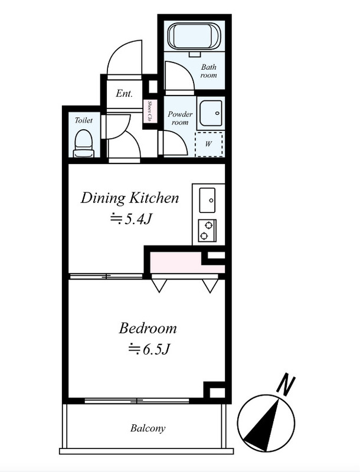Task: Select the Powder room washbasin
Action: click(x=211, y=113)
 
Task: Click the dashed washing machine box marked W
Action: click(x=209, y=144)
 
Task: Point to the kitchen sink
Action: click(x=207, y=200)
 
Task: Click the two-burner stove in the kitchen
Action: click(x=207, y=231)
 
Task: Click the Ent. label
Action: click(x=124, y=93)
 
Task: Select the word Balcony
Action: click(x=148, y=428)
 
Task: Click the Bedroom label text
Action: click(x=148, y=328)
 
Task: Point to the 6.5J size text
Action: click(x=149, y=349)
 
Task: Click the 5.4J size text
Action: click(x=130, y=219)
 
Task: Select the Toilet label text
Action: click(x=83, y=120)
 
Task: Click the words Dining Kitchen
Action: click(x=130, y=198)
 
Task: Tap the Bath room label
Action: click(x=208, y=71)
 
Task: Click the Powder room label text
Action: click(x=180, y=118)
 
